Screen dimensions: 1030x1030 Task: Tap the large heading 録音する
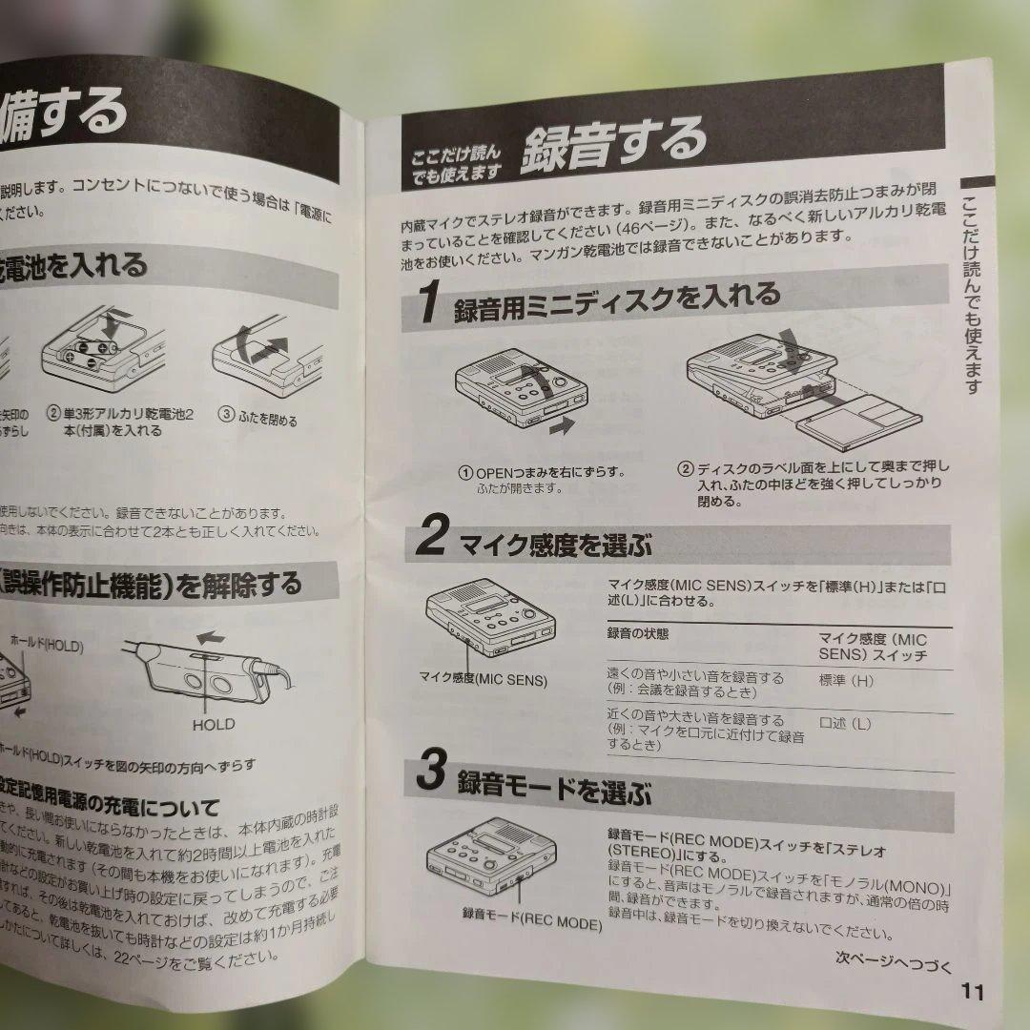(612, 143)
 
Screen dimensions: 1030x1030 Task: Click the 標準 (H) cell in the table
(845, 681)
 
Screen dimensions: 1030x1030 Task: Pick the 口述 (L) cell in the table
(844, 724)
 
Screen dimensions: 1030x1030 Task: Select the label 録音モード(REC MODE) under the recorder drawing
(531, 922)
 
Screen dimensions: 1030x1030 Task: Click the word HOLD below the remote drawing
(213, 724)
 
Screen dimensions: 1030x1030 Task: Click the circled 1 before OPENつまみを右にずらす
(466, 472)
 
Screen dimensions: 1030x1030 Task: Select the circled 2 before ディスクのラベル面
(685, 468)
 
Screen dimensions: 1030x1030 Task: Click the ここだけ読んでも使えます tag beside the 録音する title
(456, 165)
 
